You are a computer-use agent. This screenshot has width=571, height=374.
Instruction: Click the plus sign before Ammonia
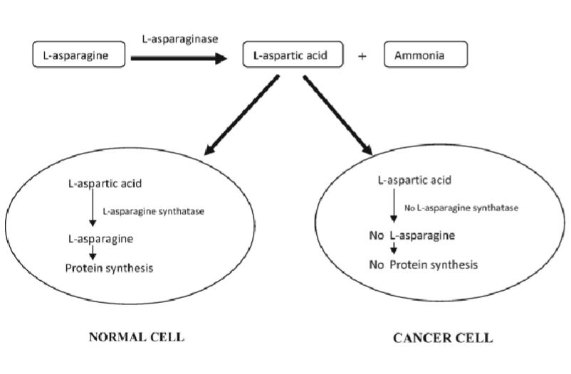[362, 55]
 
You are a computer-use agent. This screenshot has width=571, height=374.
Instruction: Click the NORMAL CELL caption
[136, 336]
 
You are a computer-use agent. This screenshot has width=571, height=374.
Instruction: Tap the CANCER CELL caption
[442, 338]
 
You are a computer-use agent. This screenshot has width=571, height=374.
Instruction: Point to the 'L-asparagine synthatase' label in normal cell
[149, 211]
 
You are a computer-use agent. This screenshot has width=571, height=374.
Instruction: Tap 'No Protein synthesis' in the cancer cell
[423, 265]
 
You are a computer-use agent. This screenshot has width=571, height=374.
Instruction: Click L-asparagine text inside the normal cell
[103, 238]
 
